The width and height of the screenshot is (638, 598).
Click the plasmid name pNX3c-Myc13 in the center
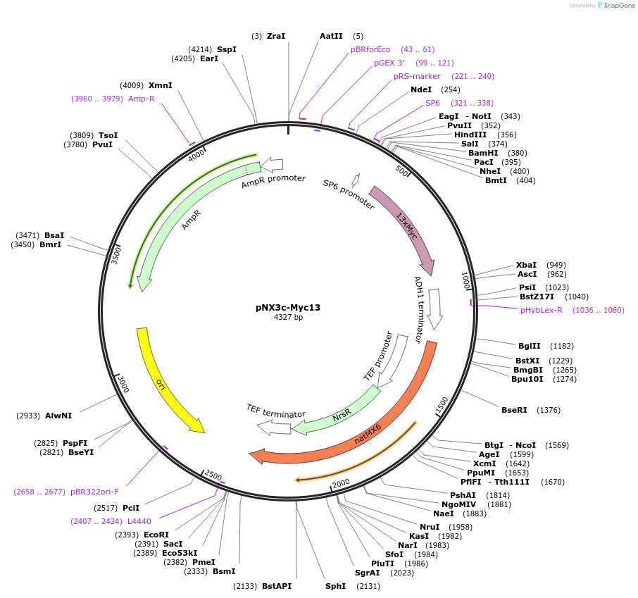pos(288,307)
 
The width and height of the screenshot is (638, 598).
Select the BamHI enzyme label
pos(483,153)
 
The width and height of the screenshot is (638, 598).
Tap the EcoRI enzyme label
pos(157,535)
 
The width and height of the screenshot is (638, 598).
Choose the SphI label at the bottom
pos(335,586)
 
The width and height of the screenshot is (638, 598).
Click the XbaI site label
pos(526,265)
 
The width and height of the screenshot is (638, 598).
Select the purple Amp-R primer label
pos(141,99)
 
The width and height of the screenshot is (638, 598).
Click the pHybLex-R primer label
pos(542,310)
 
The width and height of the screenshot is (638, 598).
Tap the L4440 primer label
pos(139,521)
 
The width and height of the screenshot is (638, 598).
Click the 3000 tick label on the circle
pos(123,385)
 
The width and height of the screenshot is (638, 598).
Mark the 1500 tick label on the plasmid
pos(442,405)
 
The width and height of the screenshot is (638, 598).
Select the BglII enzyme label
pos(529,346)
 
